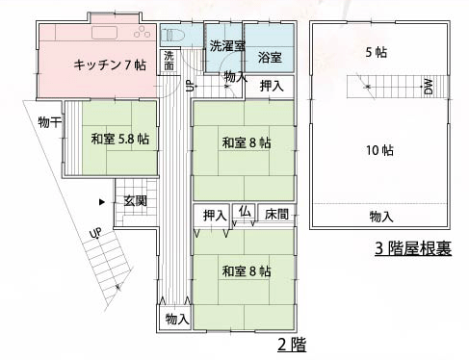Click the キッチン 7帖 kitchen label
coord(110,65)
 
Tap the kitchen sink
coord(105,33)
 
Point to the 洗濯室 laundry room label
coord(227,46)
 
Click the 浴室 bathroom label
coord(270,58)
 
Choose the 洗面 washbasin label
coord(169,61)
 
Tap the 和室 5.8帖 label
coord(120,140)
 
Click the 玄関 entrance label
coord(136,201)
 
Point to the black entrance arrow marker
coord(102,202)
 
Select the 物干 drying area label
coord(49,122)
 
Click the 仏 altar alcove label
coord(245,212)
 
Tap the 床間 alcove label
coord(276,215)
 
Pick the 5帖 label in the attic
coord(377,52)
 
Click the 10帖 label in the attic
coord(380,150)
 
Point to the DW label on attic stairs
coord(429,87)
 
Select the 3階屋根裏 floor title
coord(413,248)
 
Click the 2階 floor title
coord(292,346)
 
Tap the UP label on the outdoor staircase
coord(96,233)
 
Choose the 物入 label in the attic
coord(381,217)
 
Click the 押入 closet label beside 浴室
coord(272,86)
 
